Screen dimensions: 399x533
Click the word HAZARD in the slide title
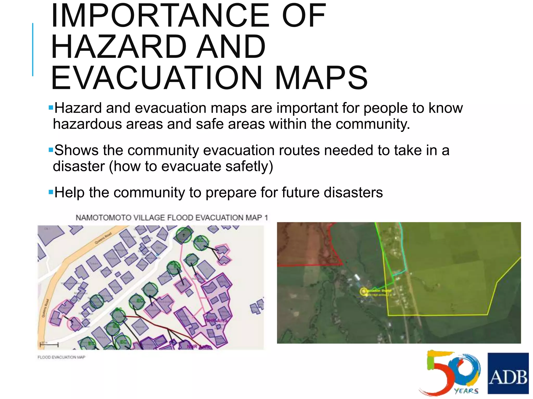click(x=119, y=47)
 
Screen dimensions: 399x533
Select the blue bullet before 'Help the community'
click(x=51, y=192)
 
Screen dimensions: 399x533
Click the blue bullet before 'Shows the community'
click(x=51, y=150)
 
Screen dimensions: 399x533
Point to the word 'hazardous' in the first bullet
click(x=87, y=124)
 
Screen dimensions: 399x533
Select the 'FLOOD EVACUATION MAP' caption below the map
click(x=61, y=357)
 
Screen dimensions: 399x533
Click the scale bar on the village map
click(x=49, y=345)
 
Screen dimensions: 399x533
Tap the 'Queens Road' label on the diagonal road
click(x=103, y=238)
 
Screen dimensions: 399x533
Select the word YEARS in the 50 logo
click(x=466, y=391)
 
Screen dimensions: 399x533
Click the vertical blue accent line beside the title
click(x=33, y=49)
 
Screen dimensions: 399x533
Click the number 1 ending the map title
click(x=266, y=218)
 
